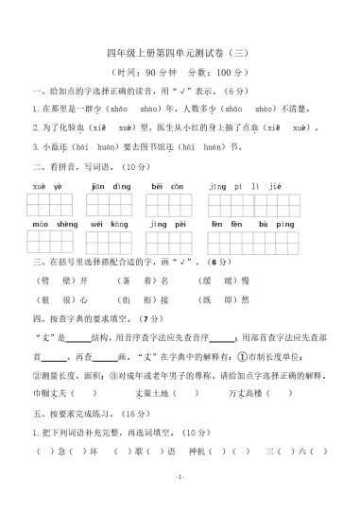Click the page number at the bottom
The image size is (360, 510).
tap(179, 501)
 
